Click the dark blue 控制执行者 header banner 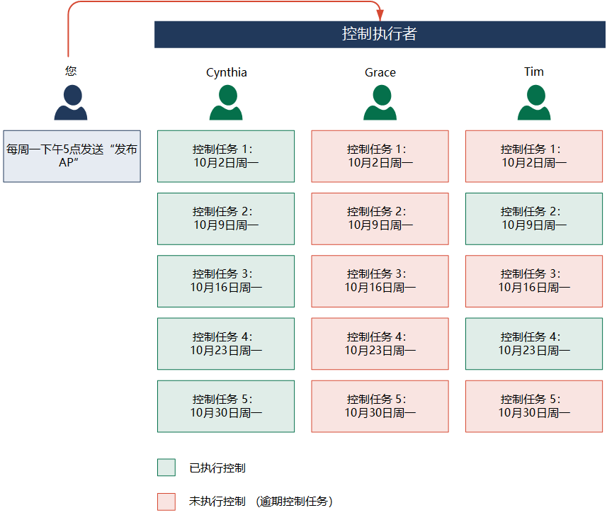[380, 35]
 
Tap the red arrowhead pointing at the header [380, 15]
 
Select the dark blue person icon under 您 [71, 103]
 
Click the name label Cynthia [227, 72]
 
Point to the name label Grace [380, 72]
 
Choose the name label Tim [534, 72]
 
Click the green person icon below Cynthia [226, 103]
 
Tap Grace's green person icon [380, 103]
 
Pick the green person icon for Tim [534, 103]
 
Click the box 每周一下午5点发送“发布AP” [72, 156]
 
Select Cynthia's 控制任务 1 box [226, 156]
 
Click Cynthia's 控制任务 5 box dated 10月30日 [226, 406]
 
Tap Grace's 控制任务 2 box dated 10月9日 [380, 219]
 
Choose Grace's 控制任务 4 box [380, 344]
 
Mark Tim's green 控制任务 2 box [534, 219]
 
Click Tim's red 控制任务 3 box [534, 281]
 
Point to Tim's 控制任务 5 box [534, 406]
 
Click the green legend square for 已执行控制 [166, 468]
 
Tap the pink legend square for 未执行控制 [166, 502]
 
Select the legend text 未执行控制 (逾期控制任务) [261, 502]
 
